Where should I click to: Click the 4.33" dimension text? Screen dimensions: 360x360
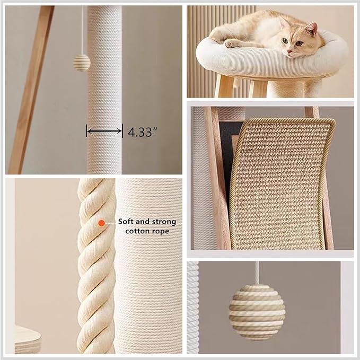140,131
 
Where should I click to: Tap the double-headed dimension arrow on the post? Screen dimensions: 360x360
104,130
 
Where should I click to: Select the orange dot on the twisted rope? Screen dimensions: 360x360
101,223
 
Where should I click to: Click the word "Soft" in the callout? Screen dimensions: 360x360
126,222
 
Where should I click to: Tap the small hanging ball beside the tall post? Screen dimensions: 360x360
82,63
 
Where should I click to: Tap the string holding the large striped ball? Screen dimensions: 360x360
257,275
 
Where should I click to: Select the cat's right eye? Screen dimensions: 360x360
286,41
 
